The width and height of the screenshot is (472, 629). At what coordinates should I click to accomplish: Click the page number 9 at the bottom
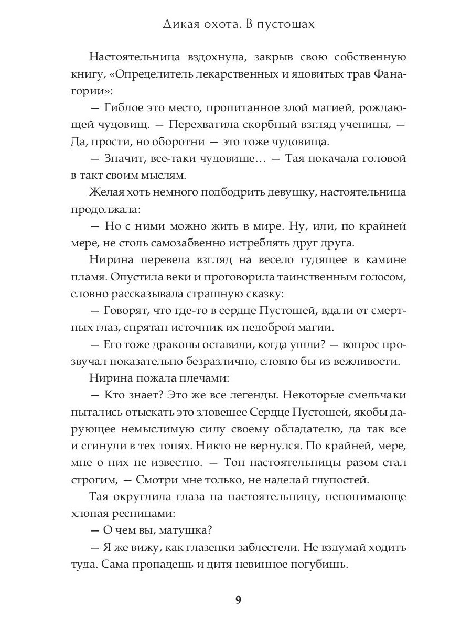[x=238, y=601]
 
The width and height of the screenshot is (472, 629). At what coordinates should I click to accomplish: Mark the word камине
[x=386, y=260]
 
